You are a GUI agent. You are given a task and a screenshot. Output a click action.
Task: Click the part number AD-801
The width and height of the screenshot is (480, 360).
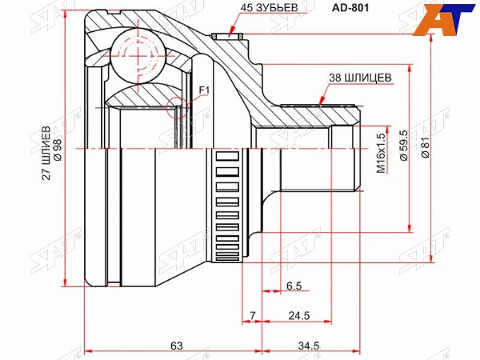(x=350, y=8)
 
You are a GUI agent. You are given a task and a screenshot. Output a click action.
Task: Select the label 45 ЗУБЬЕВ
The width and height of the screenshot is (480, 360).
(x=269, y=8)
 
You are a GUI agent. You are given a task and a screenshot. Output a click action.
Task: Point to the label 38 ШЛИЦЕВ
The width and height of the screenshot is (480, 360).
(x=360, y=78)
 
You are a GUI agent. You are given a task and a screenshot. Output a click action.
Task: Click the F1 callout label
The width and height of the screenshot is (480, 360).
(x=204, y=90)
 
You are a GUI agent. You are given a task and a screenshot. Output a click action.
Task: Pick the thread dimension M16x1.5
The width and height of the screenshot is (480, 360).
(x=381, y=153)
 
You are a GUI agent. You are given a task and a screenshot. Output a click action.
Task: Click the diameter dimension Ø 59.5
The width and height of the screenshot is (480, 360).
(x=404, y=145)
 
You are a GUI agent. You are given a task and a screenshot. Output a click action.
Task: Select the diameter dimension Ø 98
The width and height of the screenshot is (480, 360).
(x=58, y=150)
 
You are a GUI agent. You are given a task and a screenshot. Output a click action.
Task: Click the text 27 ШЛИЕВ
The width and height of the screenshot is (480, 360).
(x=46, y=152)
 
